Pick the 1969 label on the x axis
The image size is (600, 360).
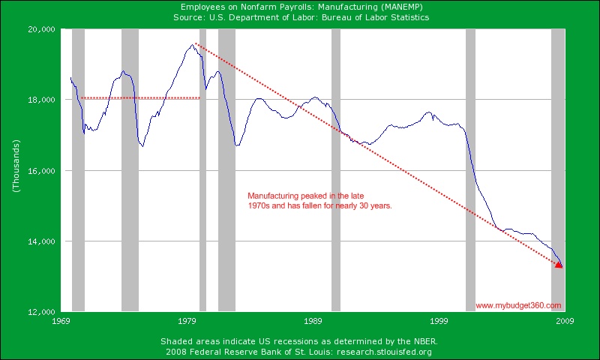click(62, 321)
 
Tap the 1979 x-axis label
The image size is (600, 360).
click(187, 321)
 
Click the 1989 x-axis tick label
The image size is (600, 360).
click(313, 321)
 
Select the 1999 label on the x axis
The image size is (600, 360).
click(439, 321)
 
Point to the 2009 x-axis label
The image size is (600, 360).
click(564, 321)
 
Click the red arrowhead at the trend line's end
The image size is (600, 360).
click(559, 264)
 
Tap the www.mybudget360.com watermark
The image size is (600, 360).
click(518, 305)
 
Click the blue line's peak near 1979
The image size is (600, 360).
click(192, 45)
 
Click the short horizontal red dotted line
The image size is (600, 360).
click(141, 97)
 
